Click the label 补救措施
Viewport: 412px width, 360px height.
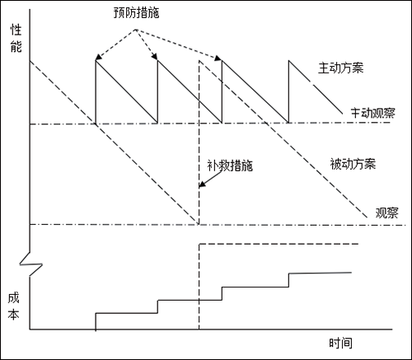click(x=229, y=164)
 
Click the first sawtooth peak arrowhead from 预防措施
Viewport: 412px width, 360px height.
click(x=97, y=59)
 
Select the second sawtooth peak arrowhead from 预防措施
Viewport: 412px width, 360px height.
click(x=156, y=58)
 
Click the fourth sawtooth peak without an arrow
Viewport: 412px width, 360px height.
click(x=288, y=61)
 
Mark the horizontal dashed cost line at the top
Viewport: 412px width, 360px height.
click(x=280, y=244)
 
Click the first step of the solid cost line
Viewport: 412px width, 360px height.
click(x=126, y=312)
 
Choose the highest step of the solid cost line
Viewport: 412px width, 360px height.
click(x=321, y=273)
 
